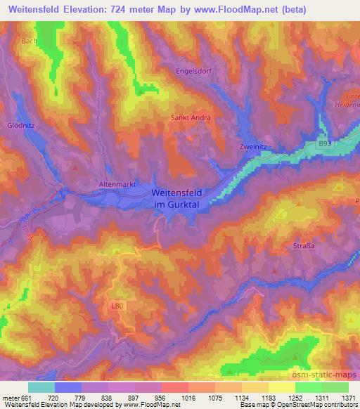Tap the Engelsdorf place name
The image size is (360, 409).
193,72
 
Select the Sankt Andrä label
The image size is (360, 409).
191,118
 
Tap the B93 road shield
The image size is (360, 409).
324,143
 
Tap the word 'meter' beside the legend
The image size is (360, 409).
9,398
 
